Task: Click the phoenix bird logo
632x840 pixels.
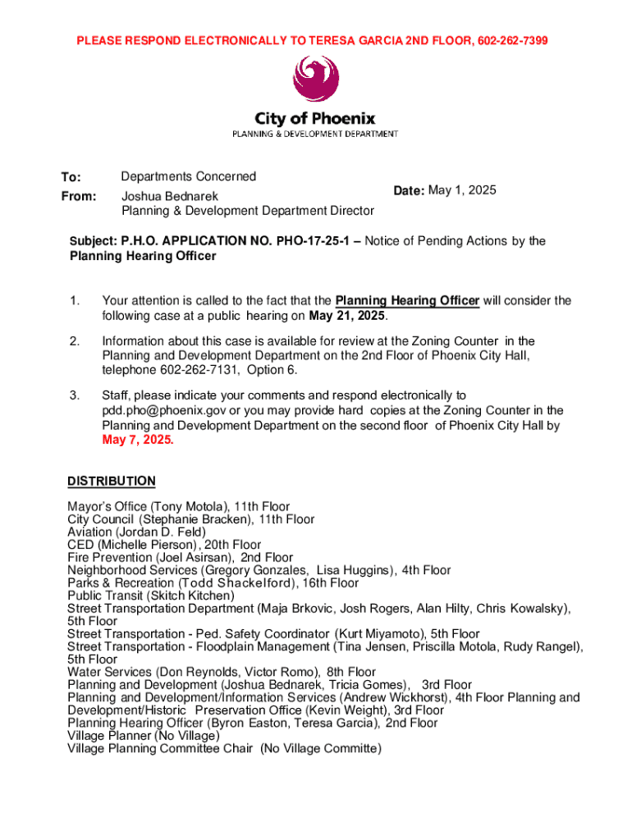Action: tap(315, 80)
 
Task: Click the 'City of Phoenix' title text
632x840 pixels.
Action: tap(315, 118)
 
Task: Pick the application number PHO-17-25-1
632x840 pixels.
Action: tap(314, 241)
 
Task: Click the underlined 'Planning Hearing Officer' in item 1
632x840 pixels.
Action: tap(407, 301)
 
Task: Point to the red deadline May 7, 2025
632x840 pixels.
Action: tap(138, 441)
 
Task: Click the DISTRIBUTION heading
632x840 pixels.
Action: tap(112, 481)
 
